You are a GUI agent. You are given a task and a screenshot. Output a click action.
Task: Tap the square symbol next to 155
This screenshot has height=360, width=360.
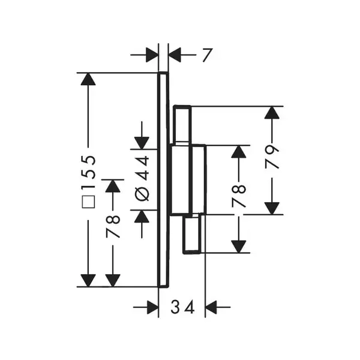tap(89, 202)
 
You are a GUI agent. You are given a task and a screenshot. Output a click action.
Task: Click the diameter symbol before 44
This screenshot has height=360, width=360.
tap(142, 194)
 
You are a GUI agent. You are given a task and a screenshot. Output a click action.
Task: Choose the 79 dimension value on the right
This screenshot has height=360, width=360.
tap(272, 157)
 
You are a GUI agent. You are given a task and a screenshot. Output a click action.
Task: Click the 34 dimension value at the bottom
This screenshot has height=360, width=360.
tap(183, 307)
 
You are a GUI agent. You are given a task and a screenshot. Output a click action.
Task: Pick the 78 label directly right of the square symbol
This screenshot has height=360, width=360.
tap(113, 226)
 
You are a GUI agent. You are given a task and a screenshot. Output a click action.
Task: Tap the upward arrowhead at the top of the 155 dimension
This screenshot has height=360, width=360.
tap(88, 79)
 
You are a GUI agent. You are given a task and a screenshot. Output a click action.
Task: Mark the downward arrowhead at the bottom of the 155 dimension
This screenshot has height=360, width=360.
tap(88, 281)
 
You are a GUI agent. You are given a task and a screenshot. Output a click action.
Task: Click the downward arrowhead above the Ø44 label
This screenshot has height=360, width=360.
tap(142, 143)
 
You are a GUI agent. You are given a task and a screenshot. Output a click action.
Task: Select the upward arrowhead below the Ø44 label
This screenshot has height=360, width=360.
tap(142, 216)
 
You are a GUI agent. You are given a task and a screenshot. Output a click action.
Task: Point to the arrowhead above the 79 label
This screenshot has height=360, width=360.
tap(272, 113)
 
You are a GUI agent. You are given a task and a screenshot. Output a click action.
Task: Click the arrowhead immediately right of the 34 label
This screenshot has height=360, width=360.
tap(211, 307)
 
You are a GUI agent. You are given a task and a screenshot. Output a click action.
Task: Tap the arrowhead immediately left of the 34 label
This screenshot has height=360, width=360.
tap(152, 307)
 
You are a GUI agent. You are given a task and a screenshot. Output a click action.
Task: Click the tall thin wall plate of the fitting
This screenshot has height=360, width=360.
tap(163, 180)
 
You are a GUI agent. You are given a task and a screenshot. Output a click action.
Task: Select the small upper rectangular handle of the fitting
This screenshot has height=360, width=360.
tap(182, 125)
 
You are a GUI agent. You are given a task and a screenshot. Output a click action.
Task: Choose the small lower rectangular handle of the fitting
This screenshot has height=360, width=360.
tap(192, 233)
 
